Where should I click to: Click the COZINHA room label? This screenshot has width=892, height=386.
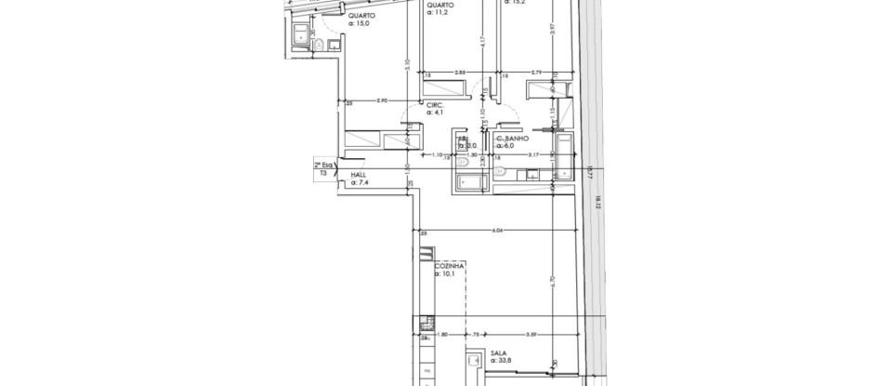click(x=449, y=265)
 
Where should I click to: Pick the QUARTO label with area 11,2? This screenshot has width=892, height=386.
click(x=439, y=5)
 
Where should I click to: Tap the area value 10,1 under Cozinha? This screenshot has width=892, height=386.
click(x=449, y=273)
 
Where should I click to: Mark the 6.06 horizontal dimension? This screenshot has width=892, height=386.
click(x=497, y=230)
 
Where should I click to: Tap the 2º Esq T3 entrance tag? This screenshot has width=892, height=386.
click(x=325, y=168)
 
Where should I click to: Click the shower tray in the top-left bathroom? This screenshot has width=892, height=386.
click(x=300, y=35)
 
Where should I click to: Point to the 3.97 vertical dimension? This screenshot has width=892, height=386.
click(x=552, y=28)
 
